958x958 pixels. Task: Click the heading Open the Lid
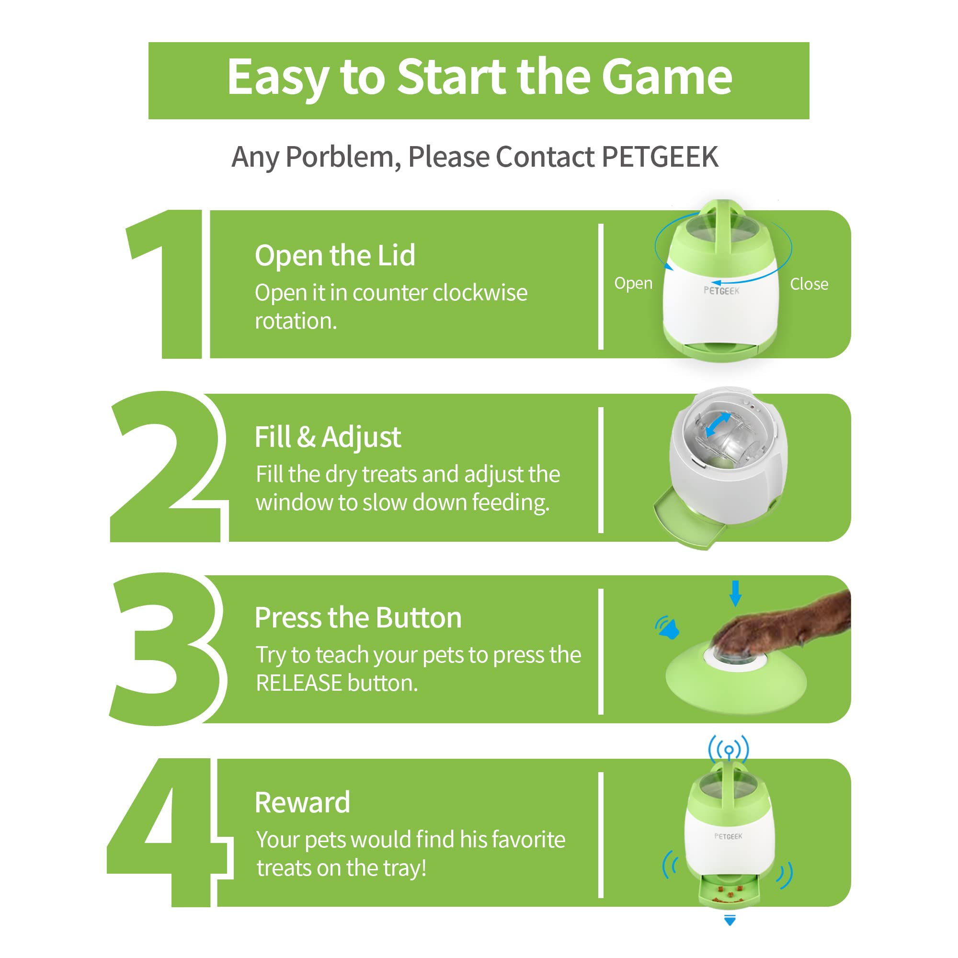(335, 255)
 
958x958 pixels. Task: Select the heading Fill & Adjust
(327, 437)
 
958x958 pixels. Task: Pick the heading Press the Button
(357, 618)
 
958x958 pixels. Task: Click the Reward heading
(302, 802)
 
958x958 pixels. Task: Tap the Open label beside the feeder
(633, 283)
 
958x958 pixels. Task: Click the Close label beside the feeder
(809, 284)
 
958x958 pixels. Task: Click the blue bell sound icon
(667, 627)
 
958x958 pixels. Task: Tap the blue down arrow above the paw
(735, 593)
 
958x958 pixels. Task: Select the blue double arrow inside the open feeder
(718, 425)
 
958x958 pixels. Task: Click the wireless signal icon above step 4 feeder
(729, 749)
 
